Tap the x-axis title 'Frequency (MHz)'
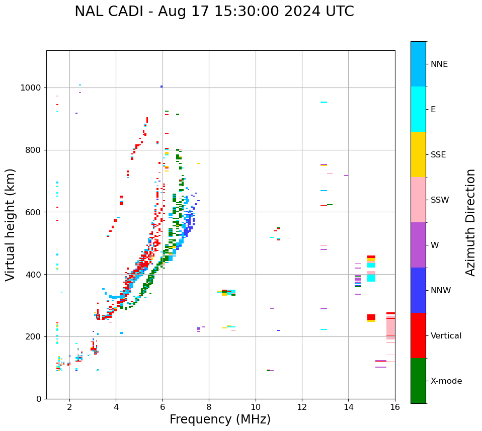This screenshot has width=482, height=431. (220, 419)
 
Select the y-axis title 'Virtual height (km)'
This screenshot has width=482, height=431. (11, 225)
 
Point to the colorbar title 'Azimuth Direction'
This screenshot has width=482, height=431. (470, 222)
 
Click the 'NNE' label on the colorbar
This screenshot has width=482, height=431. (439, 64)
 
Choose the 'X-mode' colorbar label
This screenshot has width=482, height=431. (446, 381)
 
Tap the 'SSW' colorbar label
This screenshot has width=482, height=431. (440, 200)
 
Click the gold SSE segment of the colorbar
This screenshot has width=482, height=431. (418, 154)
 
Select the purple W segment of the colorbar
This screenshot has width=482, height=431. (418, 245)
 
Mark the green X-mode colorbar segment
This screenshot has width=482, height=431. (418, 381)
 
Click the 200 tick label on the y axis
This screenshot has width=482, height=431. (35, 337)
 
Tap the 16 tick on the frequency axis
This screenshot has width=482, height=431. (395, 407)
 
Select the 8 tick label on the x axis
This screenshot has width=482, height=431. (209, 407)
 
